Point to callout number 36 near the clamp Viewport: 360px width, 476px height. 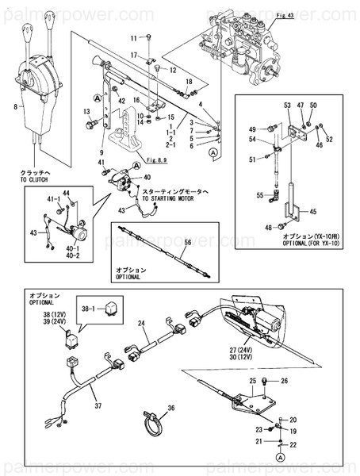(170, 410)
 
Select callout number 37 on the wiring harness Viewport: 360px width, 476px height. (98, 406)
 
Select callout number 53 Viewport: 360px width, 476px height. (287, 105)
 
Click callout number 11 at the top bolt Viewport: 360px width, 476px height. (134, 37)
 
